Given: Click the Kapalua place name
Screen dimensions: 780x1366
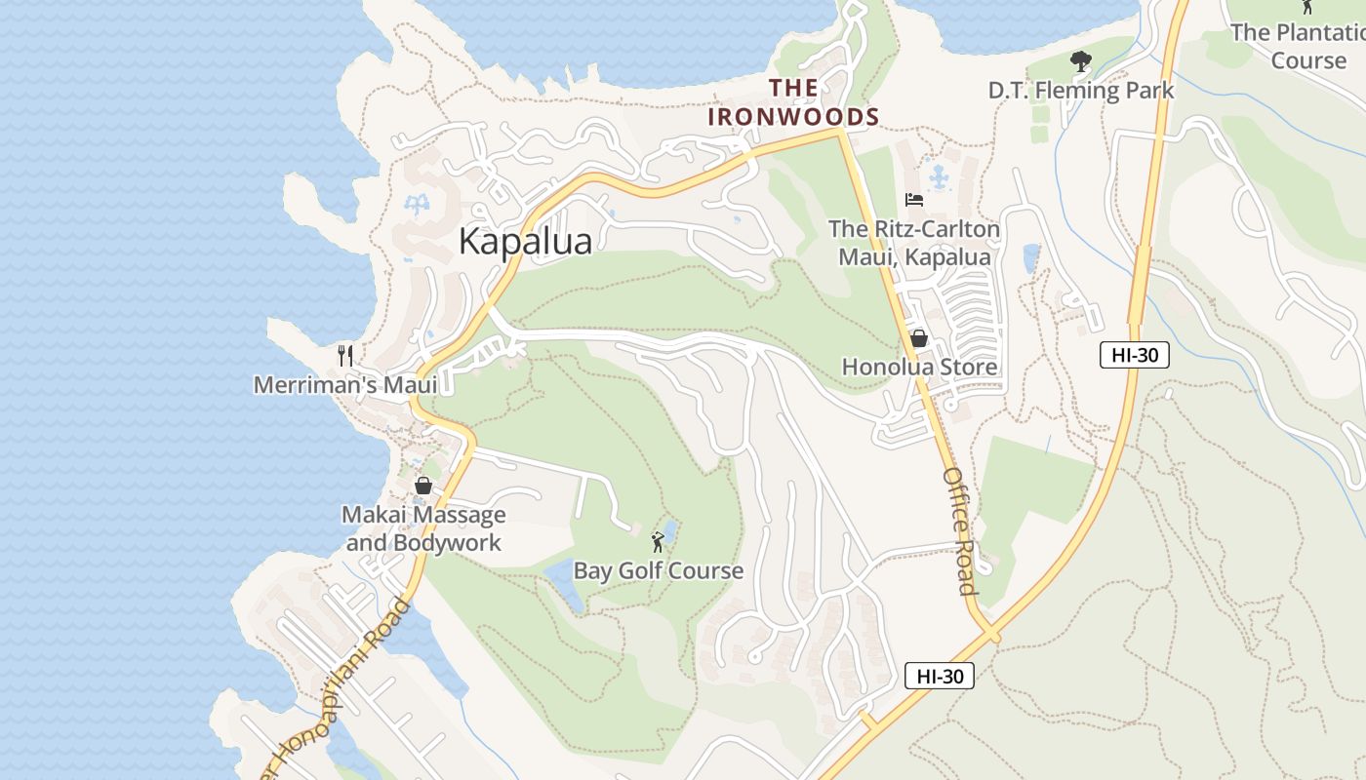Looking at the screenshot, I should [x=525, y=241].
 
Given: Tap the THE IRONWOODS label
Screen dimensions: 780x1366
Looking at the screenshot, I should [x=793, y=102].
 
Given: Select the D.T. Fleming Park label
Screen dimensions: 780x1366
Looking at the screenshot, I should [x=1080, y=91].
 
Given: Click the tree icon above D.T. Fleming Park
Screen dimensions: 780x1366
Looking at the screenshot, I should [x=1080, y=61].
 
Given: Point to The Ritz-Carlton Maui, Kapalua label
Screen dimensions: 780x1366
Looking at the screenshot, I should [x=913, y=243].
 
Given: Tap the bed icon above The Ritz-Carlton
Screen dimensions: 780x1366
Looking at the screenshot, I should [x=914, y=200].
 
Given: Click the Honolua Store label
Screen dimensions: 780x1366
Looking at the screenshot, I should [x=919, y=367].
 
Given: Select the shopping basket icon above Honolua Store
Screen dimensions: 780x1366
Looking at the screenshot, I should [x=918, y=338].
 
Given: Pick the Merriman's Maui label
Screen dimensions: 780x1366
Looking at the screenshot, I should [x=345, y=384].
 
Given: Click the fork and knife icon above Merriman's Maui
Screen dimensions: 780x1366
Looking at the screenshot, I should [x=344, y=355].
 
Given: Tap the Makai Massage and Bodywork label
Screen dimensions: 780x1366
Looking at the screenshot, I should [x=423, y=528].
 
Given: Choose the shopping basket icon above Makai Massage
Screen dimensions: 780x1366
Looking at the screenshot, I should [x=423, y=485].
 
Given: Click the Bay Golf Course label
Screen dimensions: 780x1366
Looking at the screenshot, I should [x=658, y=570].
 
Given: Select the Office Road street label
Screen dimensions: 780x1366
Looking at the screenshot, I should [x=959, y=530].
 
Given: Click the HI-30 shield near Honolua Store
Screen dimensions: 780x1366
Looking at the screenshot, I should [x=1134, y=354].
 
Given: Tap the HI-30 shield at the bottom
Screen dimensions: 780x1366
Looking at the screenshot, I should [x=939, y=675].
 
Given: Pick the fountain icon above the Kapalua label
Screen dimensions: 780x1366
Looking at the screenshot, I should [x=417, y=205].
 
